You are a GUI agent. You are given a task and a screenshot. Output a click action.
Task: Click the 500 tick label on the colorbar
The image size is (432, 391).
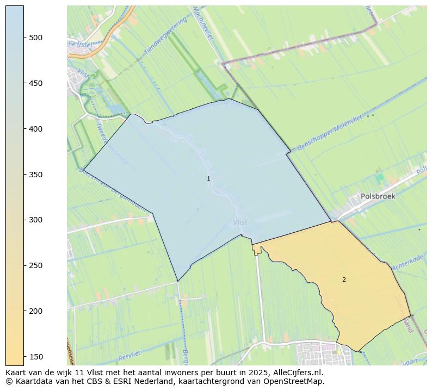click(x=36, y=38)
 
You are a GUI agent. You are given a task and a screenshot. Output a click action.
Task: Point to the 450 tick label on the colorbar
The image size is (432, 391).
click(x=36, y=83)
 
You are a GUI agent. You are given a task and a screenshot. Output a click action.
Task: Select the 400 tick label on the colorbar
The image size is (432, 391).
click(x=36, y=129)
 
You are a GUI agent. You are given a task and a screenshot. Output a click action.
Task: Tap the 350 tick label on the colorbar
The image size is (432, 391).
click(x=36, y=175)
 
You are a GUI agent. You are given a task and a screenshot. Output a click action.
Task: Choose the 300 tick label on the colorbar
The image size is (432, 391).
click(x=36, y=220)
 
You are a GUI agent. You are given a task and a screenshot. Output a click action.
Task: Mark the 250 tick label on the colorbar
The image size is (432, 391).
click(x=36, y=265)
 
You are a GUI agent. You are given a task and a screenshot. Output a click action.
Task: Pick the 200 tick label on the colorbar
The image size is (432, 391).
click(x=36, y=311)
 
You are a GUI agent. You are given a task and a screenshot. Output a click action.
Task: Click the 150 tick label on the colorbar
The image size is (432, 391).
click(x=36, y=356)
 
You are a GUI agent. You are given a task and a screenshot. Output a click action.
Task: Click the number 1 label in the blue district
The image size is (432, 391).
click(x=208, y=178)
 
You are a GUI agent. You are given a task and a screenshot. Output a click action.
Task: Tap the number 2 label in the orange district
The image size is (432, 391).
click(x=344, y=280)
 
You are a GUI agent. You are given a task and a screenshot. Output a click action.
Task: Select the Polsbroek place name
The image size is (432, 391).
click(x=378, y=196)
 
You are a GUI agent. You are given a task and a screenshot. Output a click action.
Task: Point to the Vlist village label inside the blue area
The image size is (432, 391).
click(x=240, y=222)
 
